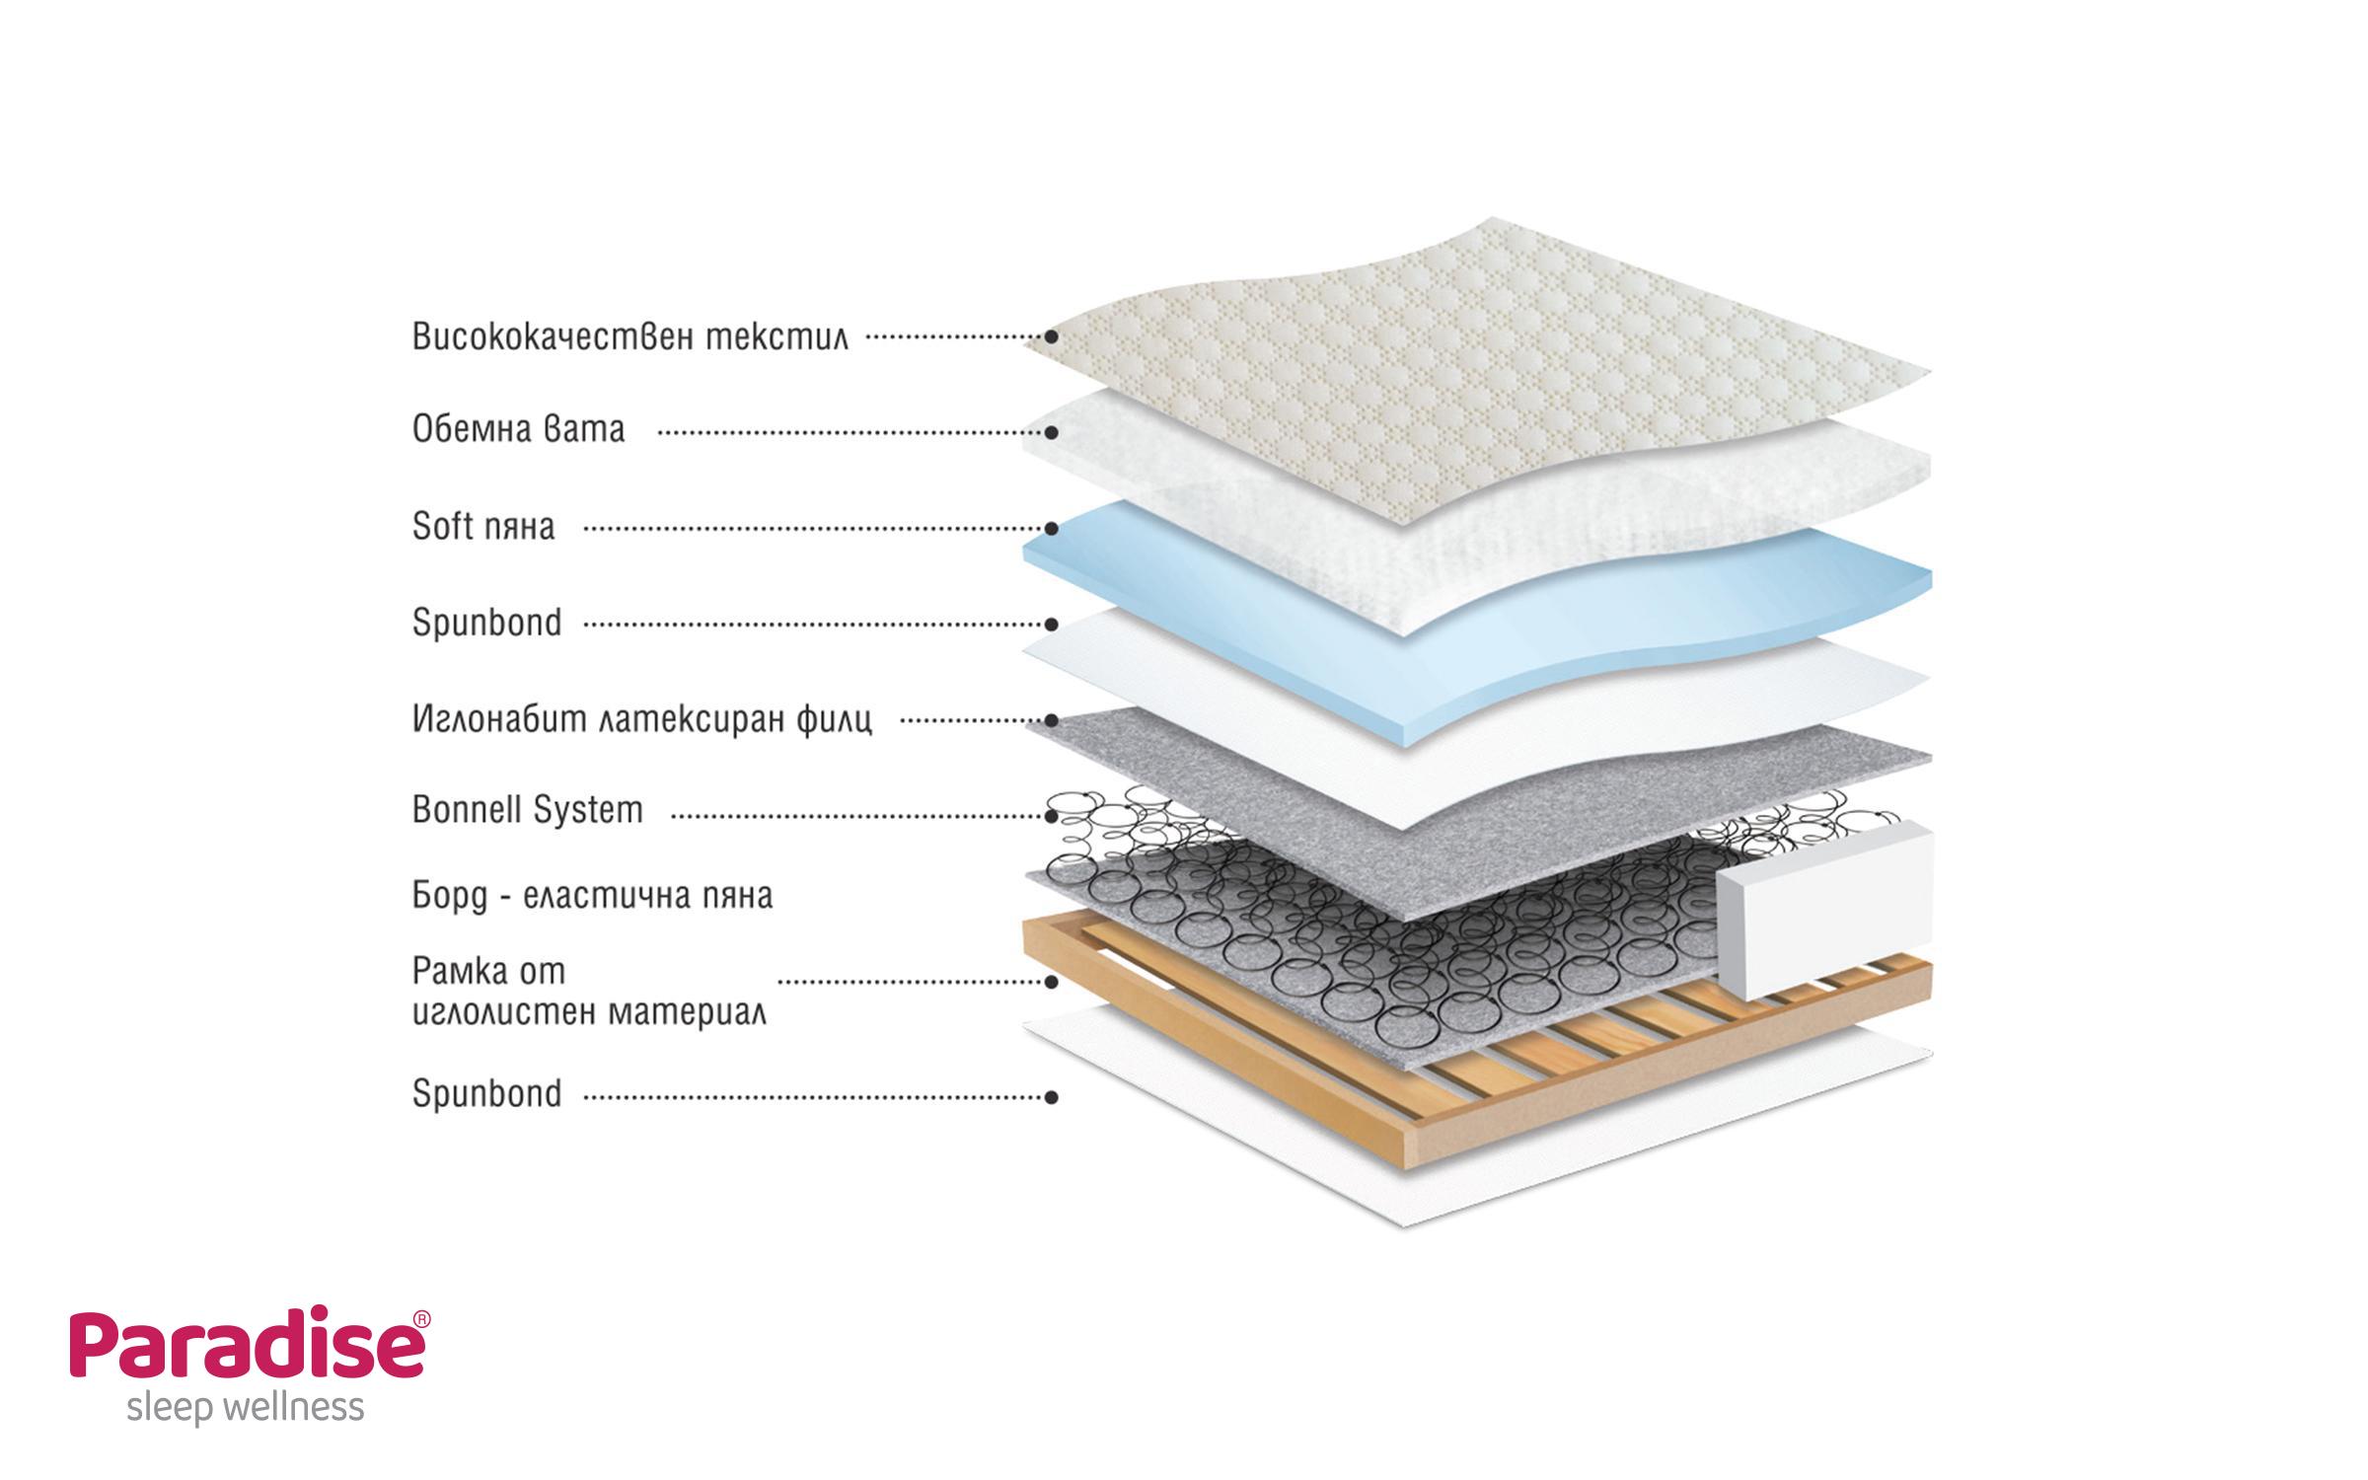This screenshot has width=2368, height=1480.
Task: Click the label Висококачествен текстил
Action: pyautogui.click(x=629, y=336)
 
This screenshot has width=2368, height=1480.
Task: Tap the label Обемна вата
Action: pyautogui.click(x=518, y=430)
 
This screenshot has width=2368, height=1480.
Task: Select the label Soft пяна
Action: pyautogui.click(x=483, y=527)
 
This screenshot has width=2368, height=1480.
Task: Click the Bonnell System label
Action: pyautogui.click(x=527, y=811)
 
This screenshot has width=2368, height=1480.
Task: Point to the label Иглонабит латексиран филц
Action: pyautogui.click(x=641, y=719)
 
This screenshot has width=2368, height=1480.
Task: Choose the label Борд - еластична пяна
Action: pyautogui.click(x=592, y=896)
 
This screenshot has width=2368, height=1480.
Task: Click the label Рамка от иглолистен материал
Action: pyautogui.click(x=588, y=992)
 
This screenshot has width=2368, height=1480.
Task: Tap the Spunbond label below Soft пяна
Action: pyautogui.click(x=486, y=624)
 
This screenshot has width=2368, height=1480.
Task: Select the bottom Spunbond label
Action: pyautogui.click(x=486, y=1094)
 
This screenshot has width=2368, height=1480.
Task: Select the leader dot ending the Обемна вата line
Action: pyautogui.click(x=1052, y=432)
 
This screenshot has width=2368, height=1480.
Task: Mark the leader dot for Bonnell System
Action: pyautogui.click(x=1052, y=816)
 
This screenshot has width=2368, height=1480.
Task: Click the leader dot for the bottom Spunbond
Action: pyautogui.click(x=1052, y=1097)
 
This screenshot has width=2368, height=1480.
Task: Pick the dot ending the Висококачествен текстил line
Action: pyautogui.click(x=1052, y=336)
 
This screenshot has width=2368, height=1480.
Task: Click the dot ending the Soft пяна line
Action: pyautogui.click(x=1052, y=529)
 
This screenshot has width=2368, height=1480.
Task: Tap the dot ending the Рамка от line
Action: pyautogui.click(x=1052, y=982)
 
